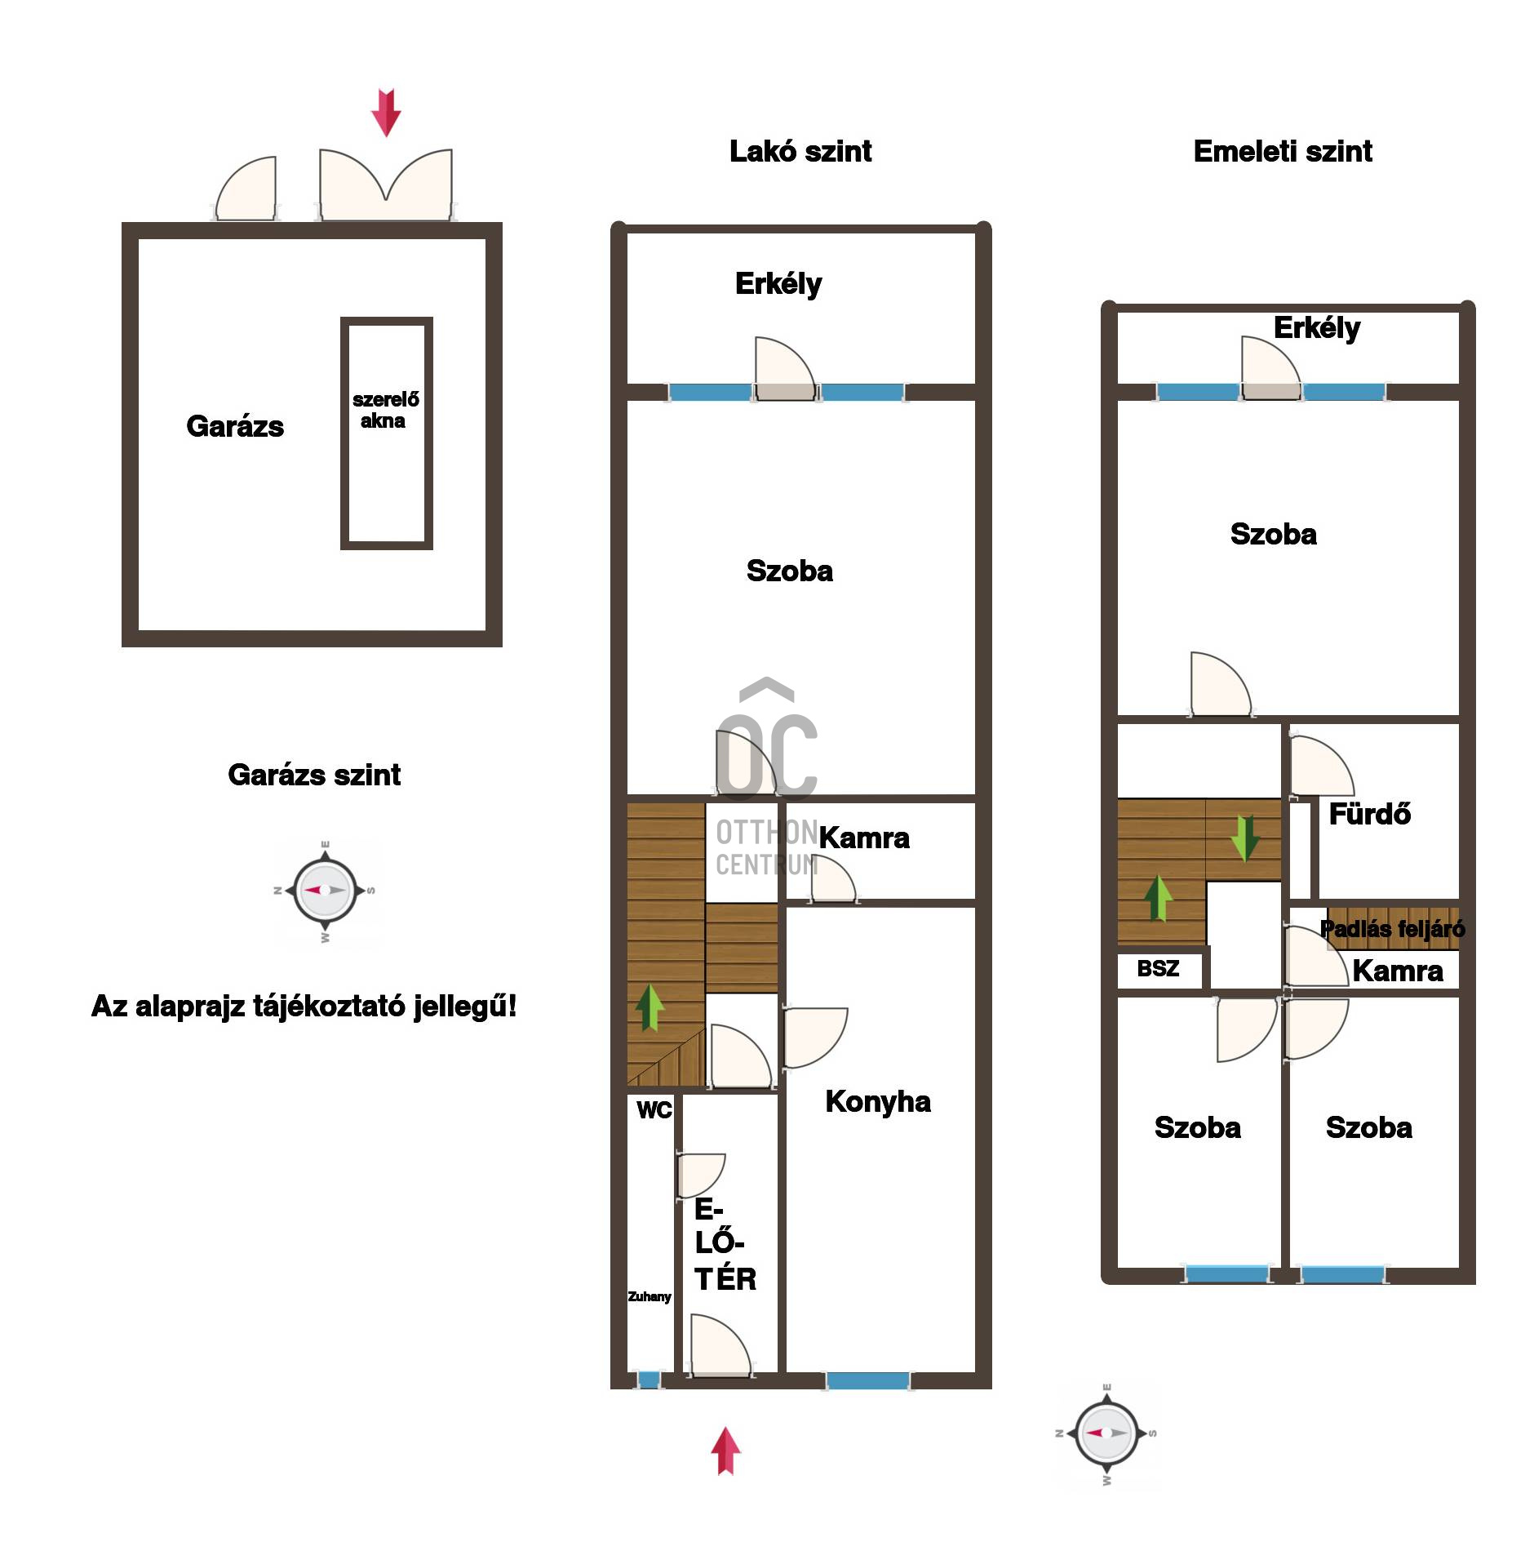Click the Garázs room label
235,427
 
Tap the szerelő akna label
385,410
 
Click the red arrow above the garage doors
386,113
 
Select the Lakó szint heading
800,152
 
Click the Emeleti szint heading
1283,152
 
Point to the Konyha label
878,1101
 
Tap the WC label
654,1110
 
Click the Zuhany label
650,1296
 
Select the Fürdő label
1370,814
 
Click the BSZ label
1158,969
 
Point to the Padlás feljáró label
1393,929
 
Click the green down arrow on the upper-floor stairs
1244,838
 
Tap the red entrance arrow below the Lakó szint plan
725,1451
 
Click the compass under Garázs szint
325,891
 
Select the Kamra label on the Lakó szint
864,838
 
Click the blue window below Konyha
867,1380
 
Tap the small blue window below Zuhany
649,1380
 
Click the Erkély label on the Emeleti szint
1317,328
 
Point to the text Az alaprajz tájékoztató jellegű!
304,1007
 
